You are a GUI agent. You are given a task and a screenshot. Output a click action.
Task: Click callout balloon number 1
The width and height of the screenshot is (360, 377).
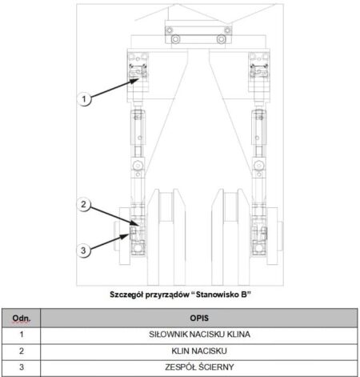pos(84,99)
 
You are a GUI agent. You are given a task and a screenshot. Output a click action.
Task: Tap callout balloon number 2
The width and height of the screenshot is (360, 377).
pos(84,204)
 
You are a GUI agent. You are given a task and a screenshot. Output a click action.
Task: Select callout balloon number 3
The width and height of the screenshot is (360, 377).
pos(84,251)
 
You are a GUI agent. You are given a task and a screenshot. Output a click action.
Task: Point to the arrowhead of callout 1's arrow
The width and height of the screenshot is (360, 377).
pos(135,80)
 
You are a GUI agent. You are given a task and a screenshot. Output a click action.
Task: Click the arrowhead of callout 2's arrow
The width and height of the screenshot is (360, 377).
pos(135,223)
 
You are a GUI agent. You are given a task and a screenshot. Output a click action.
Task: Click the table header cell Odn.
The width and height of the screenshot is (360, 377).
pos(22,318)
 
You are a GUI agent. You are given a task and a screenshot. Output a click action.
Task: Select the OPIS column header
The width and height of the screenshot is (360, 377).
pos(199,318)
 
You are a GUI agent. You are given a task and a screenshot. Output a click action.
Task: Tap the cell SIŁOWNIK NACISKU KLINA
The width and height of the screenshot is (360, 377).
pos(199,335)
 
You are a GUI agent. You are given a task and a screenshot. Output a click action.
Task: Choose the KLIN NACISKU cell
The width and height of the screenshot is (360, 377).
pos(199,351)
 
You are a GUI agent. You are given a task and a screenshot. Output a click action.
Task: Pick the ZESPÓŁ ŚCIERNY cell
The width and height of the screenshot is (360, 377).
pos(199,367)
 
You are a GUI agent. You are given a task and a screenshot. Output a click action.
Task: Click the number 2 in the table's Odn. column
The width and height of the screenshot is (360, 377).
pos(22,351)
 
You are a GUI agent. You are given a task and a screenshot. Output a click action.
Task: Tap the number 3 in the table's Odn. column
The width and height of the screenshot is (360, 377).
pos(22,367)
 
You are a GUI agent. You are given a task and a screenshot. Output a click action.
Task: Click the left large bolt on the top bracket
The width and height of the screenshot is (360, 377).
pos(175,39)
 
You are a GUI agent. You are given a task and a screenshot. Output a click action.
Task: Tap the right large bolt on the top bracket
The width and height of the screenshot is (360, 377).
pos(221,39)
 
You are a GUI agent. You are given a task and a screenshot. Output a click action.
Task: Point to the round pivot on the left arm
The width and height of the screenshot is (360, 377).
pos(138,166)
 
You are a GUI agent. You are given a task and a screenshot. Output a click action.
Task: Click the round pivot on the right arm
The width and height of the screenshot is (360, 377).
pos(258,166)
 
